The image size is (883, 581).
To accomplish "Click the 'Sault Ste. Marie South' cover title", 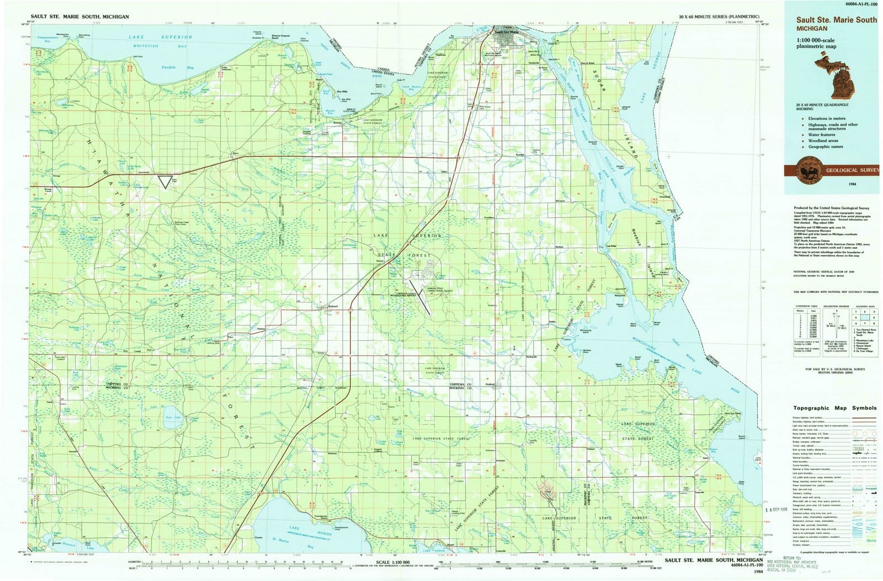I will tap(836, 20).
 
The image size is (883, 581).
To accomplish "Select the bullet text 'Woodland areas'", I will tap(823, 141).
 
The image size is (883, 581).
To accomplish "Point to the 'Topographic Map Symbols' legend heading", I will tap(834, 408).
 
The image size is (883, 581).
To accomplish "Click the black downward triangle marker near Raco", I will tap(164, 182).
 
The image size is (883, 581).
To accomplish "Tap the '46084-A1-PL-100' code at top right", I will tap(858, 4).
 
